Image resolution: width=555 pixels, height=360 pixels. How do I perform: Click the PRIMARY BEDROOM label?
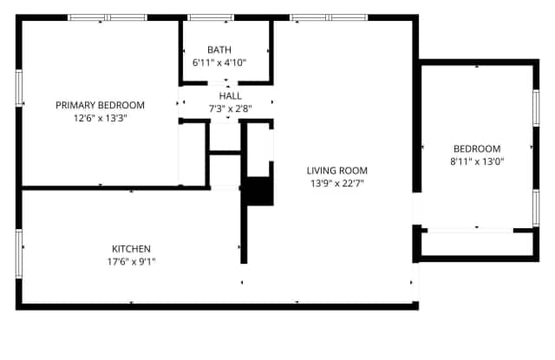101,105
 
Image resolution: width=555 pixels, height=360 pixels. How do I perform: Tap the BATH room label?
219,49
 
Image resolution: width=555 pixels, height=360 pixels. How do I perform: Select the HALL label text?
231,96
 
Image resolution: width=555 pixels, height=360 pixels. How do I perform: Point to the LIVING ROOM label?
337,171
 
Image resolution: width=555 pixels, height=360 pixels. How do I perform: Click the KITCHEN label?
131,249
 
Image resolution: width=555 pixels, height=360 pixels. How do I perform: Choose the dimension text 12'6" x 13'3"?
101,118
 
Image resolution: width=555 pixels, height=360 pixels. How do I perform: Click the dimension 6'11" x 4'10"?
219,62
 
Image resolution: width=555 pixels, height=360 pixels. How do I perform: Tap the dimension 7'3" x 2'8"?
231,108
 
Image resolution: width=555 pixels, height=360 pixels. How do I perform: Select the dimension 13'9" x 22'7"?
337,183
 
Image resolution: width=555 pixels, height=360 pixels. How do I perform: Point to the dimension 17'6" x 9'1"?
131,262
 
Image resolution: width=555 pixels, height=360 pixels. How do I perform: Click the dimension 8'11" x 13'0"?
477,161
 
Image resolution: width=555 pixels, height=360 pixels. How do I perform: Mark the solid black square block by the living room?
260,191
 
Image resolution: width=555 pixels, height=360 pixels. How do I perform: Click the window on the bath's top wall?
211,17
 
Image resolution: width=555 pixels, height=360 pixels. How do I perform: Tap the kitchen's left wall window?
19,253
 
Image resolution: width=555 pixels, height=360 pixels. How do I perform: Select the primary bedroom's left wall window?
19,88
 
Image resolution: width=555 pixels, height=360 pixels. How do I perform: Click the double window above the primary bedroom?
108,17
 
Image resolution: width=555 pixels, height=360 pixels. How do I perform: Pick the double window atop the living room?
329,17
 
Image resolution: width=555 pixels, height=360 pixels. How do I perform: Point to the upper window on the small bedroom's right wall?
536,108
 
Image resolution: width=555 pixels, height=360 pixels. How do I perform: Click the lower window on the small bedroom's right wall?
536,208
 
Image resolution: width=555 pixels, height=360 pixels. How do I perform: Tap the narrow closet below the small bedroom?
477,244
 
